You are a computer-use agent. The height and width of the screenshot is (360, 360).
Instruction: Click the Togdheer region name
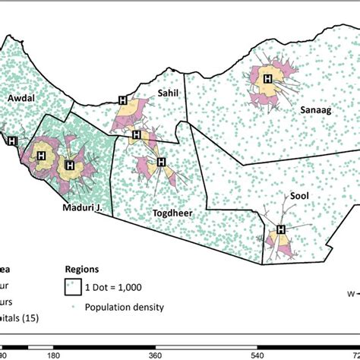[172, 213]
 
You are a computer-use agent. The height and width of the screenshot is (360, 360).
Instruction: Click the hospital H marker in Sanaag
[267, 78]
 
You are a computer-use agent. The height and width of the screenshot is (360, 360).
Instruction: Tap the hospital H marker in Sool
[281, 229]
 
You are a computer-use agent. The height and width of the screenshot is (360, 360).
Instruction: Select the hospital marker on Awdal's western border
[11, 141]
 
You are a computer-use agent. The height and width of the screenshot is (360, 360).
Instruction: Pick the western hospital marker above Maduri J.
[41, 155]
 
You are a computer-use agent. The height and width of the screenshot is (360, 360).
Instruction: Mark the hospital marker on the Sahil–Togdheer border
[136, 136]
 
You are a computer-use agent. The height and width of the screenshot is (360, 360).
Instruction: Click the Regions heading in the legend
[83, 269]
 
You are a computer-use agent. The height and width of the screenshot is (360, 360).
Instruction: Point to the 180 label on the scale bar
[54, 354]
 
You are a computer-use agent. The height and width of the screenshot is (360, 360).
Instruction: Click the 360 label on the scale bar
[155, 354]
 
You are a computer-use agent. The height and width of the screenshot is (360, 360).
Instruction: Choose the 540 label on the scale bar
[257, 354]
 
